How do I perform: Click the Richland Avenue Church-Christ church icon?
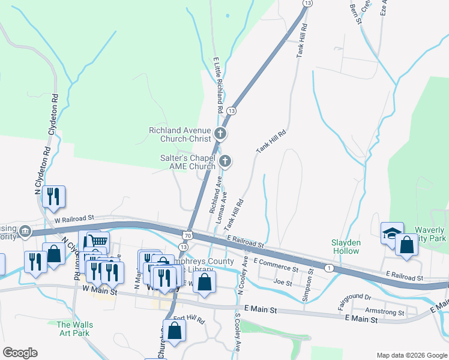220,133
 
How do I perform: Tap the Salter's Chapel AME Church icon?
225,160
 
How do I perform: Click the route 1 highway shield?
330,268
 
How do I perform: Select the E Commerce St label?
276,265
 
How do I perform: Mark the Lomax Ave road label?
221,207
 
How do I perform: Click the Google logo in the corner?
20,353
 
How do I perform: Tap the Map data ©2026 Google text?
411,355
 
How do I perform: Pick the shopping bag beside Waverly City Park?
406,245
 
